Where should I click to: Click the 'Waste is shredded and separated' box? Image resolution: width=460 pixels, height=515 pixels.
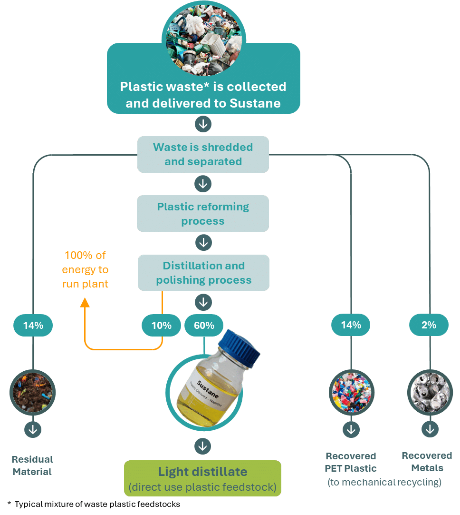point(203,154)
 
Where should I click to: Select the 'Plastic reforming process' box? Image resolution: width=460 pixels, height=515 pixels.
point(203,214)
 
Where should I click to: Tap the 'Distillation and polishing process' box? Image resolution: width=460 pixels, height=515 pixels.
point(203,273)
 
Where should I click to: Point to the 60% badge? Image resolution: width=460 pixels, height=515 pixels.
point(204,326)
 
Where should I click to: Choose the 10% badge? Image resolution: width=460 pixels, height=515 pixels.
point(162,326)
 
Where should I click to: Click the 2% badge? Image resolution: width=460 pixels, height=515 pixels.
point(429,325)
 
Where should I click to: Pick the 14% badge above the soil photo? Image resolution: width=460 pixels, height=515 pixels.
point(33,326)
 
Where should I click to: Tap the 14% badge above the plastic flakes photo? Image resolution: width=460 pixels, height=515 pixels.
point(351,325)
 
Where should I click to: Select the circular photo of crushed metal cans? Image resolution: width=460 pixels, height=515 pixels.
point(430,393)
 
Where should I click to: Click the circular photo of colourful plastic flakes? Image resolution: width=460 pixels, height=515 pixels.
point(351,393)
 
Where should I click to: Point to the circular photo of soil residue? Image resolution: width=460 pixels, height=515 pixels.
point(33,393)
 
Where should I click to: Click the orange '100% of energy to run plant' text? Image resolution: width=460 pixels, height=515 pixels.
point(85,269)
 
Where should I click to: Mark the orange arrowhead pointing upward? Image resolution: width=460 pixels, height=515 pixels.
point(85,303)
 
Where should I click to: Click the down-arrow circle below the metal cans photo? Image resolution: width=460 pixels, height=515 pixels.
point(430,429)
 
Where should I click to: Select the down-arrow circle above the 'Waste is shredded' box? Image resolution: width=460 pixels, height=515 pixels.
point(203,125)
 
